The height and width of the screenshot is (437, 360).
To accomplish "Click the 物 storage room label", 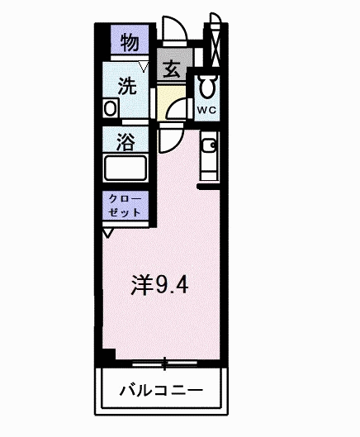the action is [130, 42].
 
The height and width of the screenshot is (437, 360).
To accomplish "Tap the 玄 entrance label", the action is [172, 69].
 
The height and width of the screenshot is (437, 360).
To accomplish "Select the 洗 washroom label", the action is [127, 86].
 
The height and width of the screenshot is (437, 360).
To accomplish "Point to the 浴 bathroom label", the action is [126, 142].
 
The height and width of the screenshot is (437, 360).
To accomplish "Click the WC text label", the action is [206, 110].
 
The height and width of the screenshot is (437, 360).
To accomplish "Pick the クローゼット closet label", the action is [125, 206].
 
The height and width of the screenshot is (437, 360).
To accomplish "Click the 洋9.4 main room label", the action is [159, 285].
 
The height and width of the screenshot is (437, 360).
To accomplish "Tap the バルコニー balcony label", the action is [161, 391].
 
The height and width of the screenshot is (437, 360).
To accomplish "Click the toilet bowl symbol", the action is [207, 85].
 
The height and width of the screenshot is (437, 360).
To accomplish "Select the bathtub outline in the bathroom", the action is [126, 168].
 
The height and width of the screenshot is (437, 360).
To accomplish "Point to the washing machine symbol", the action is [111, 108].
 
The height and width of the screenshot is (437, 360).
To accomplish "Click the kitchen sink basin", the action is [209, 145].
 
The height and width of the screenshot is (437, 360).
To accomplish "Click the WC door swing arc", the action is [172, 105].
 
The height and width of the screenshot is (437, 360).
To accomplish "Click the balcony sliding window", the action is [164, 363].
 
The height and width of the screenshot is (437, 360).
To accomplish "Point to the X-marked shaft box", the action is [216, 45].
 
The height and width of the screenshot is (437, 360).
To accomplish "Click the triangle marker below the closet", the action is [108, 233].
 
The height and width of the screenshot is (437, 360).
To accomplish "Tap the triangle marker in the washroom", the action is [144, 67].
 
